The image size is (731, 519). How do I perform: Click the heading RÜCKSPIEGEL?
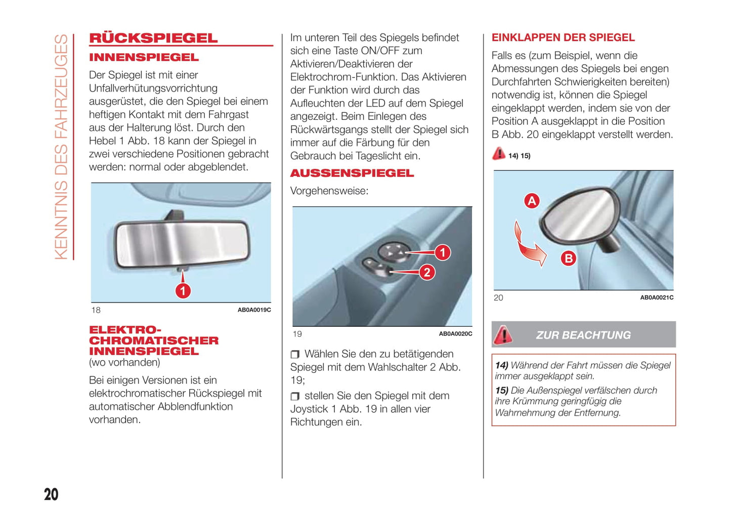153,38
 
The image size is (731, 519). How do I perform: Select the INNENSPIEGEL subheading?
144,58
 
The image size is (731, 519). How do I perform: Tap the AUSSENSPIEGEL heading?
352,174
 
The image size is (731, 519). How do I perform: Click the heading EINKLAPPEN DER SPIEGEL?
563,38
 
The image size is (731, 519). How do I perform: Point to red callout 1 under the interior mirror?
183,290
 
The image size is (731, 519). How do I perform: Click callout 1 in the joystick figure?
442,252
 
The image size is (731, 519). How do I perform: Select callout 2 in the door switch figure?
427,273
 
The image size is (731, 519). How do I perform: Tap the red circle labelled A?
531,201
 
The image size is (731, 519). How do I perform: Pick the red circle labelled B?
568,258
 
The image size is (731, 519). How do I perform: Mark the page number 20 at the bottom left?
51,494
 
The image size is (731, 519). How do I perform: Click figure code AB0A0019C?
254,310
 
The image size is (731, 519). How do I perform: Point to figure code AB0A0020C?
455,334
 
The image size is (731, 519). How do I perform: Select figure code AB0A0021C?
657,298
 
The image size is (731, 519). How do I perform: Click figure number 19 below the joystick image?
297,334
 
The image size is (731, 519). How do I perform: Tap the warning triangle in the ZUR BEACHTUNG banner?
503,334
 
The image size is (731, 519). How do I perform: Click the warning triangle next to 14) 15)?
499,154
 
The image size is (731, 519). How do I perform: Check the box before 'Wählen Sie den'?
295,354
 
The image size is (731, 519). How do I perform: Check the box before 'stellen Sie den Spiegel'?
295,396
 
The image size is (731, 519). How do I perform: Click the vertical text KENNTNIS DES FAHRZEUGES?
61,147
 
